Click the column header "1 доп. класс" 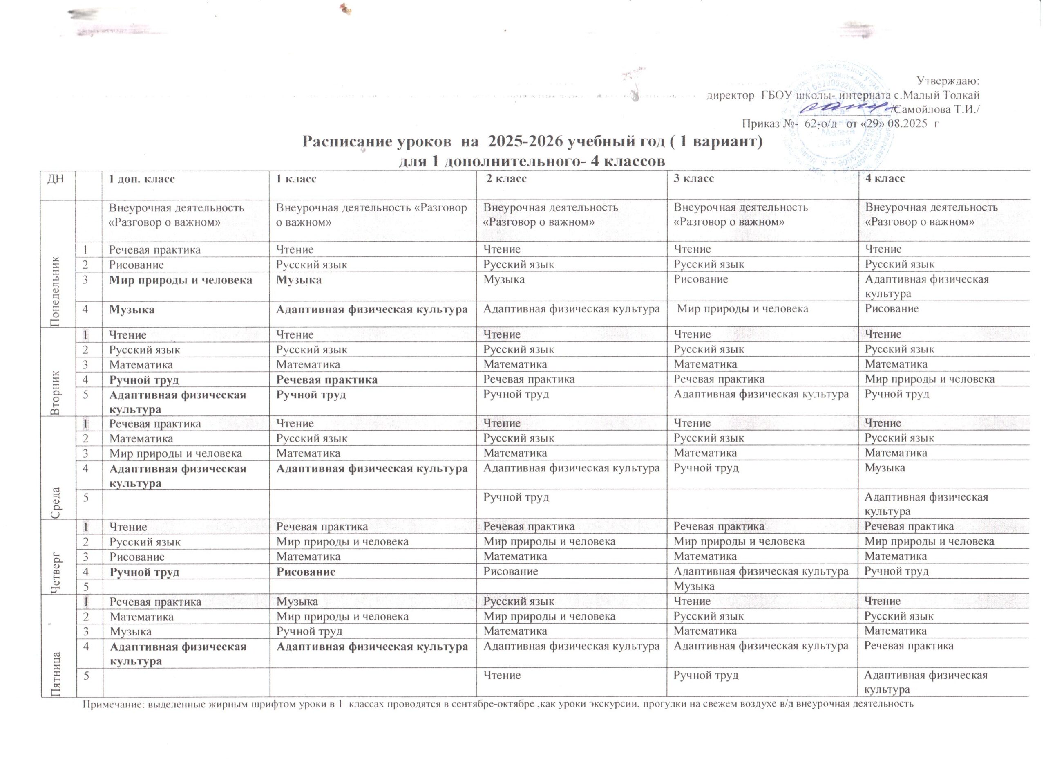141,179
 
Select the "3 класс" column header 693,179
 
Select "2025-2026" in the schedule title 525,141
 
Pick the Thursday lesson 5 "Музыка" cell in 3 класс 694,586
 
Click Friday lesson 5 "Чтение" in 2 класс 502,675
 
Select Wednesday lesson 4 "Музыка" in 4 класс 884,468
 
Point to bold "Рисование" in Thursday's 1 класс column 305,572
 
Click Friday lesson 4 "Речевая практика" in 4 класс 909,646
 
